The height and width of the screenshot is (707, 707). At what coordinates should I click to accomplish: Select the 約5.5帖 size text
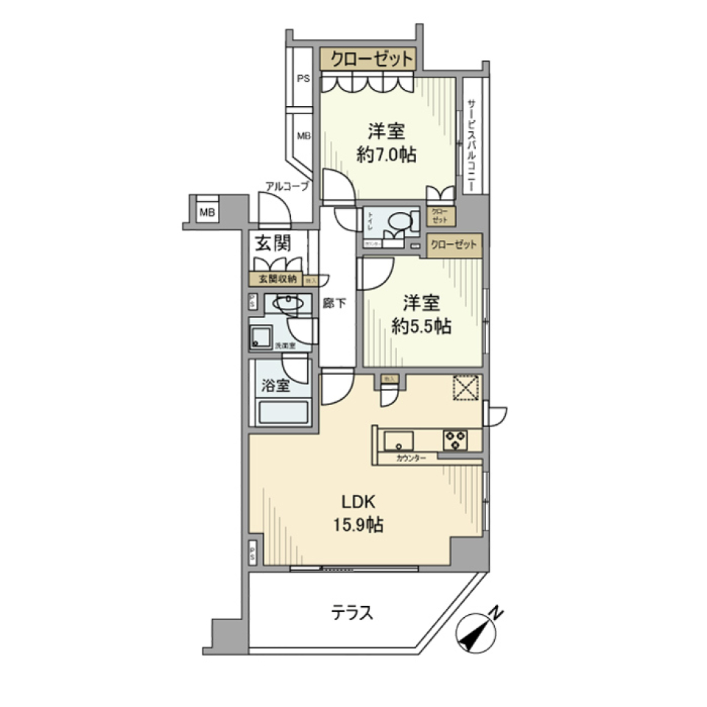(x=421, y=327)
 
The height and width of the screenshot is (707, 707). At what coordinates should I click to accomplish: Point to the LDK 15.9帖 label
(x=359, y=514)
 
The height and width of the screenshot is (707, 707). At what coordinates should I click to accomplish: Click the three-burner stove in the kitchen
(x=454, y=440)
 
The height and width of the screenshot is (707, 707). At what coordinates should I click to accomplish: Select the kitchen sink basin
(x=398, y=440)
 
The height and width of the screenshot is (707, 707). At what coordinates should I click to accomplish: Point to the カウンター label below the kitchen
(x=410, y=458)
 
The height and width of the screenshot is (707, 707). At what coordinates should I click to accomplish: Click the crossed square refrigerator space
(x=465, y=388)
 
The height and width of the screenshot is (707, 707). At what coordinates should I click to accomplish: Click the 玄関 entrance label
(x=271, y=242)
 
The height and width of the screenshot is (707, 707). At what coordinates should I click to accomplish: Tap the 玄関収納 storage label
(x=276, y=278)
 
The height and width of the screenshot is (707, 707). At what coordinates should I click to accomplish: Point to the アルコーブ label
(x=287, y=187)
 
